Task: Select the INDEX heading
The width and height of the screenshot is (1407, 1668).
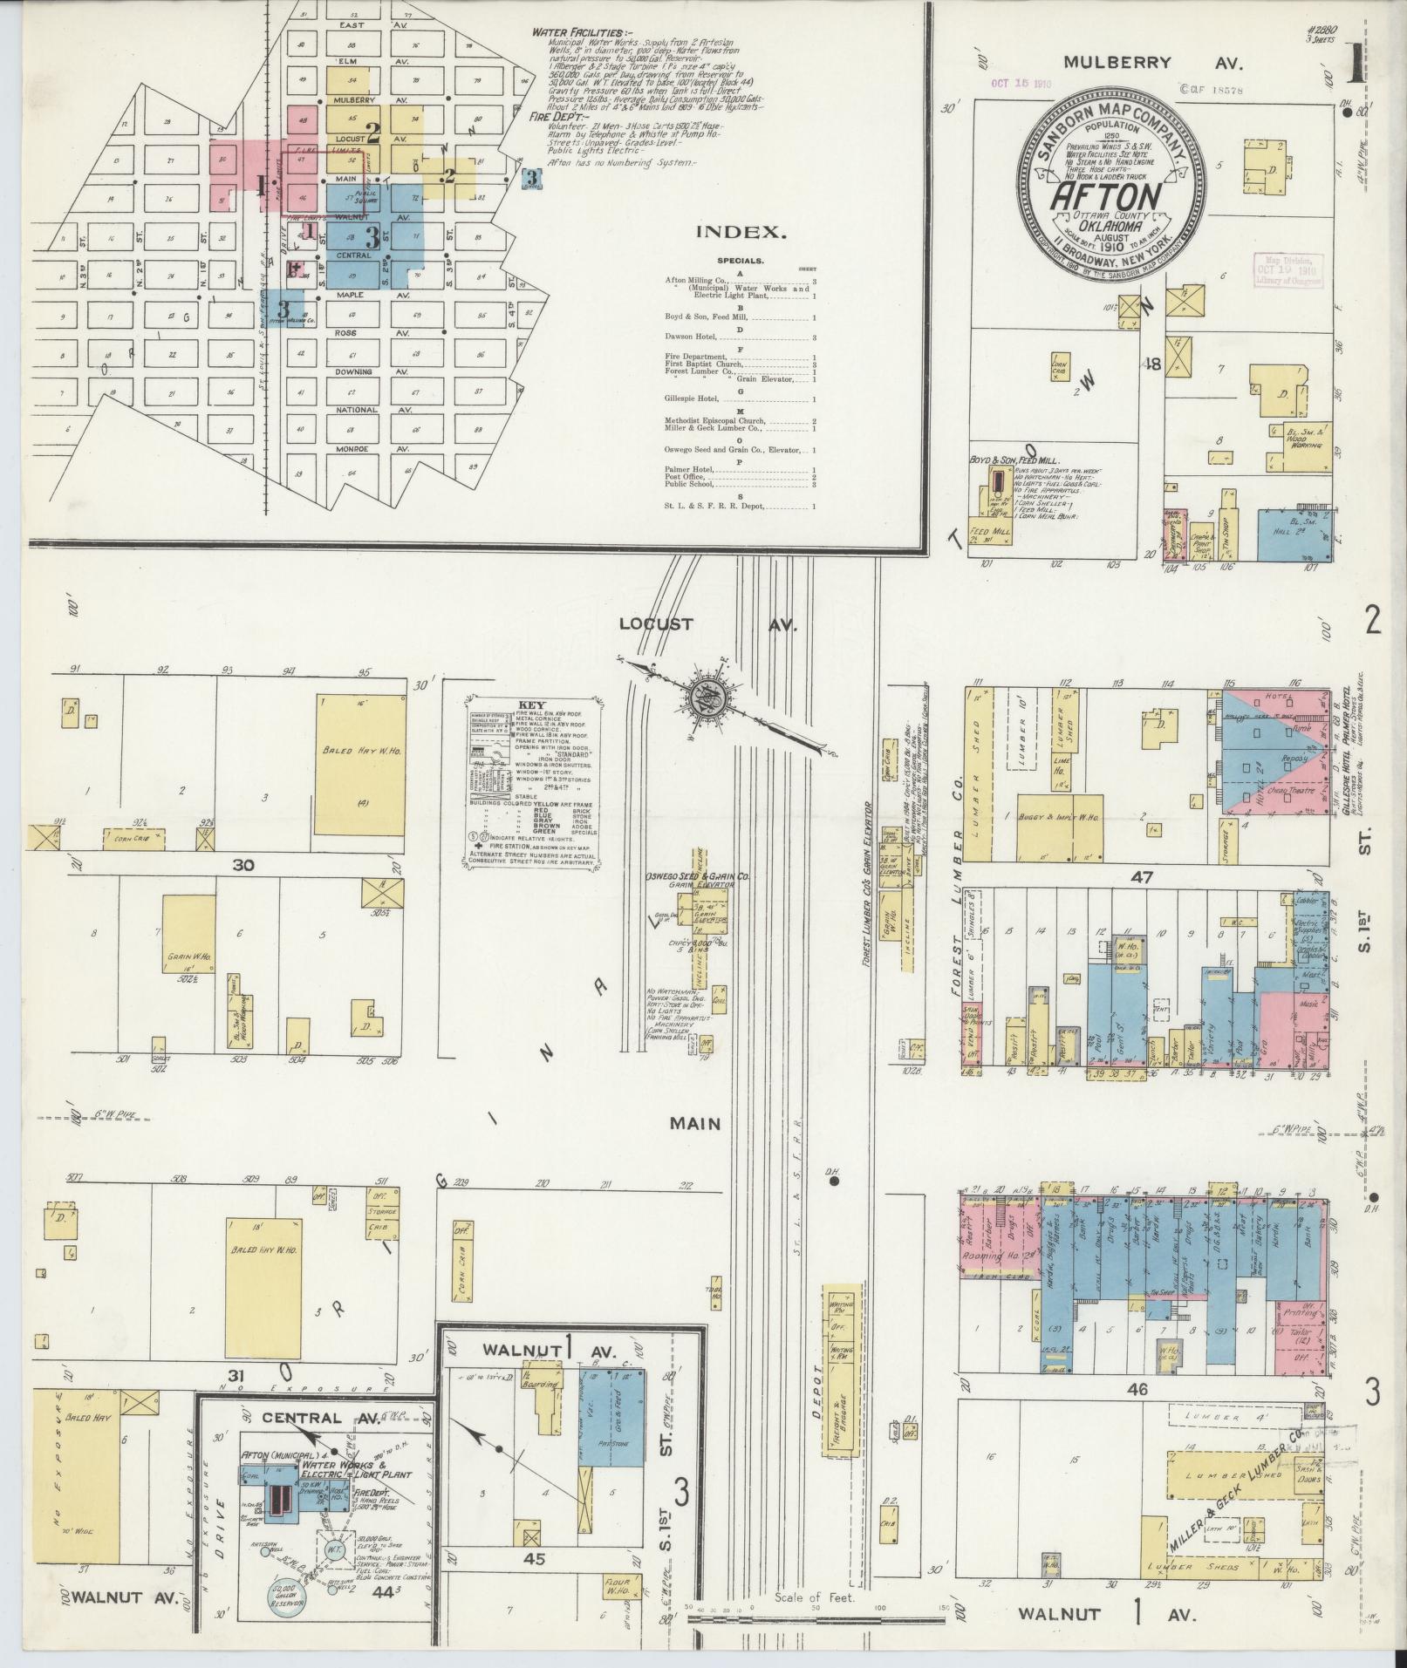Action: click(x=741, y=232)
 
